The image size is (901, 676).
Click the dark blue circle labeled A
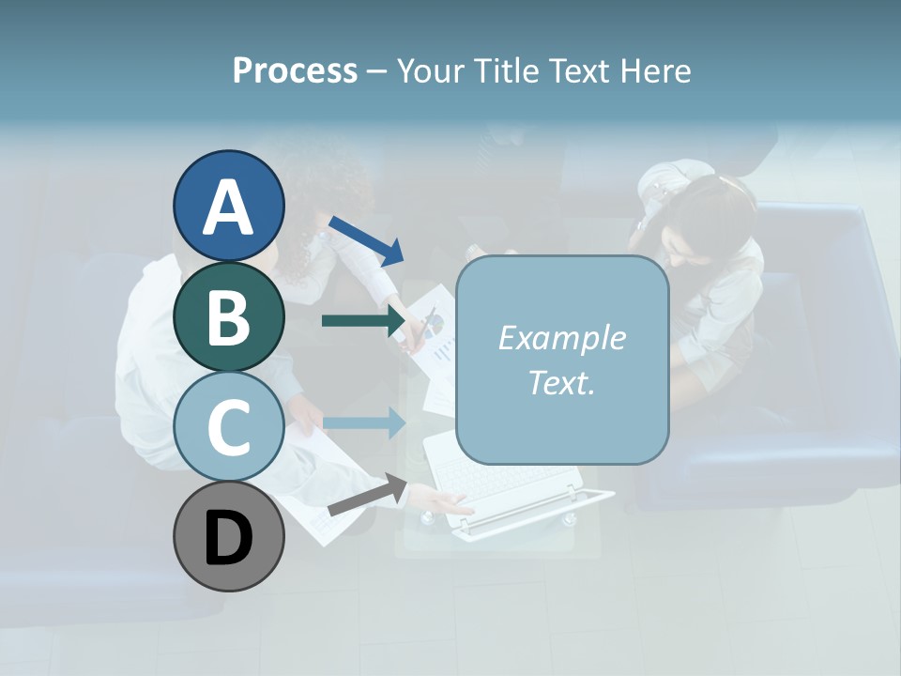click(x=229, y=206)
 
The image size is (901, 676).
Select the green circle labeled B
click(x=229, y=315)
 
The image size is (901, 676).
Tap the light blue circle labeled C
click(x=229, y=426)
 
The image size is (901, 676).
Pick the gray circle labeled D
click(x=229, y=536)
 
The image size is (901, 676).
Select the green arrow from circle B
click(x=363, y=321)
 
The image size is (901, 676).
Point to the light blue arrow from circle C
click(x=364, y=423)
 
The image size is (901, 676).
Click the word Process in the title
click(x=295, y=70)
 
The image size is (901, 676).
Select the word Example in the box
click(x=561, y=338)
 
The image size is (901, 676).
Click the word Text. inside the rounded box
click(x=561, y=382)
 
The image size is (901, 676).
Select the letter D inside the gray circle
click(x=229, y=538)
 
